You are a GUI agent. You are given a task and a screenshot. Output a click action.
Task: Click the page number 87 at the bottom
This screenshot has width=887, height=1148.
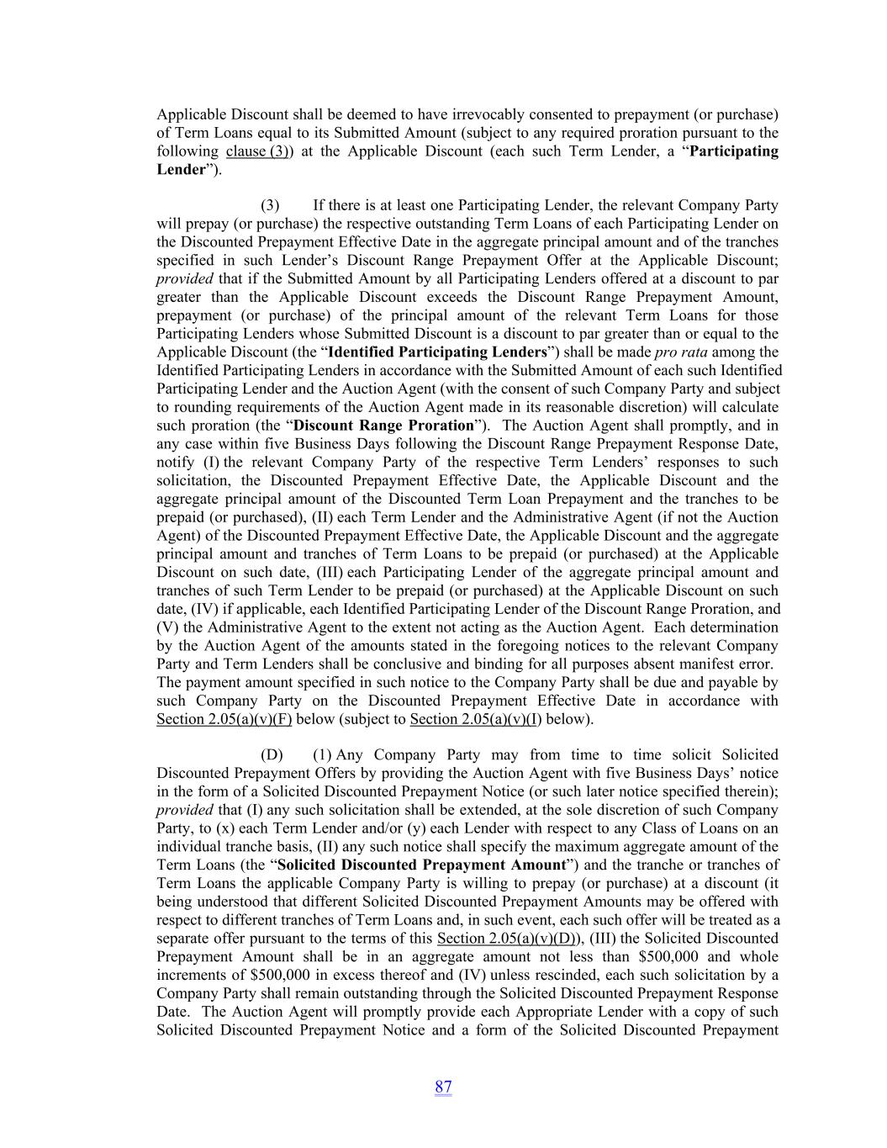click(x=443, y=1087)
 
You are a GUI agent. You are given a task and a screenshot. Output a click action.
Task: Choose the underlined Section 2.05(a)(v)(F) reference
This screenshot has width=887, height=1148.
click(x=224, y=719)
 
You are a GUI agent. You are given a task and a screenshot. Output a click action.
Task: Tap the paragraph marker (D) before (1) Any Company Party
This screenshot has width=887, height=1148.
click(x=272, y=755)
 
